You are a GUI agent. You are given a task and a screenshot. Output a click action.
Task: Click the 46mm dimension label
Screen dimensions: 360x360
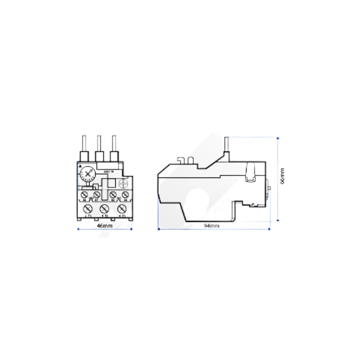click(x=105, y=226)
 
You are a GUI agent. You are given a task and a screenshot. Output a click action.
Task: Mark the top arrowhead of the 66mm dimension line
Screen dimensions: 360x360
click(x=278, y=137)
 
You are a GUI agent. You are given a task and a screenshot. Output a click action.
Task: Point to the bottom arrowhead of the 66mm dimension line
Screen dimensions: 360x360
click(x=278, y=221)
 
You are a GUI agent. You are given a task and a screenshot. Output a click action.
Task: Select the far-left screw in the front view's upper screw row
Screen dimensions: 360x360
click(x=84, y=195)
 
